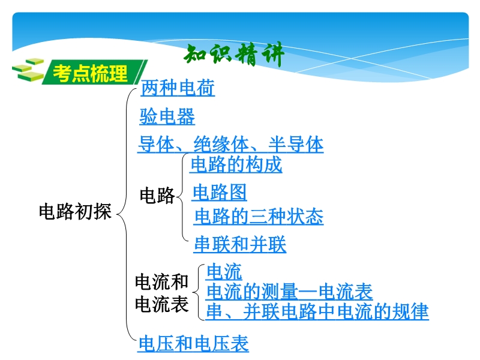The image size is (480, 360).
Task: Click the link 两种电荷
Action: click(178, 88)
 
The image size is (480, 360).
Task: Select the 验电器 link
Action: click(167, 116)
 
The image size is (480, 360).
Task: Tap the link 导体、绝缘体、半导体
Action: click(230, 144)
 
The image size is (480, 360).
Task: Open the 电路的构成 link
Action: click(236, 164)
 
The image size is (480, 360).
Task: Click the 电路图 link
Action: click(220, 192)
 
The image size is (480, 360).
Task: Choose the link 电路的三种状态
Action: click(259, 217)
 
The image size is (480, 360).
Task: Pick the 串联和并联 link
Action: click(240, 244)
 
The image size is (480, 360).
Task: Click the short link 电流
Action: click(224, 272)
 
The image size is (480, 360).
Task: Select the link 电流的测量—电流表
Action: click(289, 291)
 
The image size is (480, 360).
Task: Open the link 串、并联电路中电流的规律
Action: click(317, 311)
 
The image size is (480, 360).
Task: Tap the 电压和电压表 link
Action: click(193, 343)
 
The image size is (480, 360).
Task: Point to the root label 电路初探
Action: click(75, 211)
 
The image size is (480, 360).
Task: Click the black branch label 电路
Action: click(157, 196)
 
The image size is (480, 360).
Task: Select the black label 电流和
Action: click(161, 281)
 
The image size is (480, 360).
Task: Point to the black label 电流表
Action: click(161, 304)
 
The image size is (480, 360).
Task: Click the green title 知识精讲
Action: click(234, 55)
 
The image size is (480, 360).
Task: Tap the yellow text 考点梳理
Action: click(91, 73)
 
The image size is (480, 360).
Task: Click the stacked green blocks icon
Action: click(28, 70)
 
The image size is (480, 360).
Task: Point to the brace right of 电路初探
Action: click(126, 214)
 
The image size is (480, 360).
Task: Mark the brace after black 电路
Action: click(183, 196)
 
